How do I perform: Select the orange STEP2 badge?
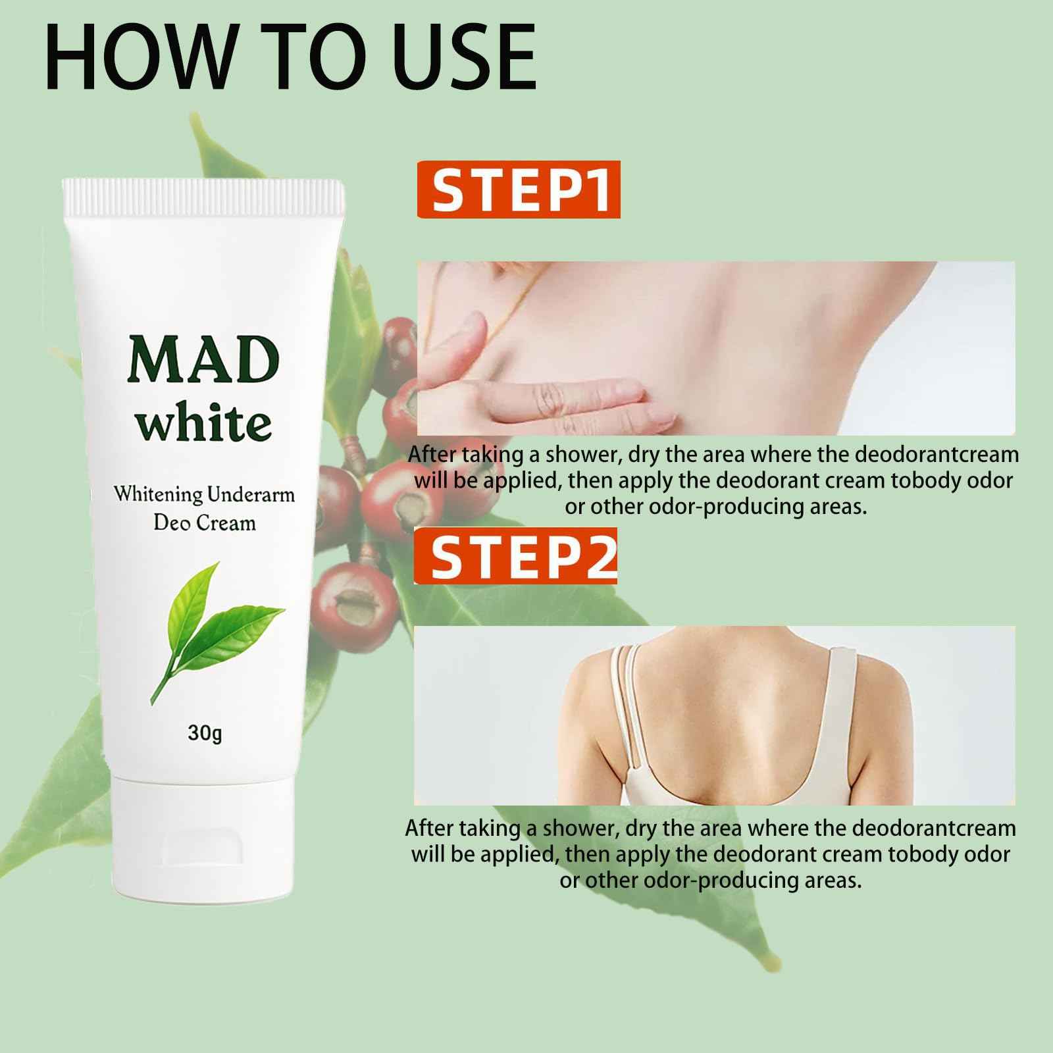pos(516,556)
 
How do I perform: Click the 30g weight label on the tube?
pos(205,732)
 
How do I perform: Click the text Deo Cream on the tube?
pos(204,523)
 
